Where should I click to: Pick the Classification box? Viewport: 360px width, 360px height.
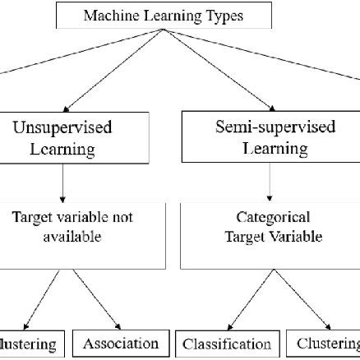[226, 344]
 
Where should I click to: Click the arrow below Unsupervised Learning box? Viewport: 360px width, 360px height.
[63, 182]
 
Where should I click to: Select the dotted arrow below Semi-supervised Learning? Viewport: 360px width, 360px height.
[271, 182]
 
